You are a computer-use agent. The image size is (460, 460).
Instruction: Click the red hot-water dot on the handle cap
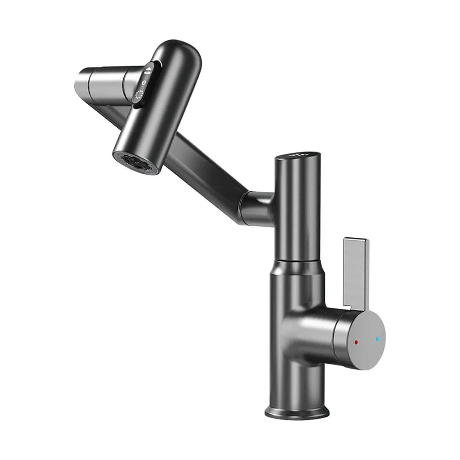coord(356,342)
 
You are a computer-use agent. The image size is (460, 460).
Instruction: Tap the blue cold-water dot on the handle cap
coord(378,339)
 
